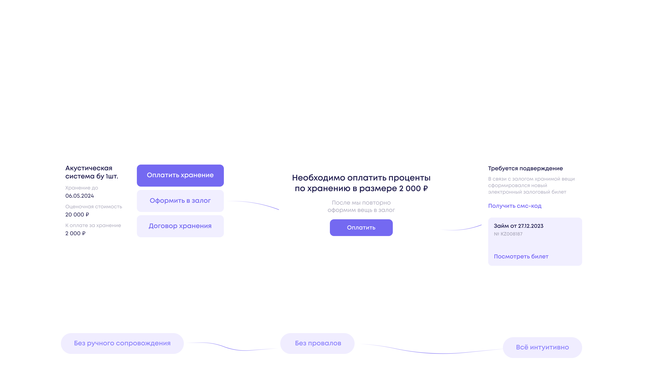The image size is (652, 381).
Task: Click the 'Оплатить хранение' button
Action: tap(180, 175)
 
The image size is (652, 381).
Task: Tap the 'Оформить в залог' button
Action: tap(180, 201)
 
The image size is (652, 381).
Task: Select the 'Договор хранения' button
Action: tap(180, 226)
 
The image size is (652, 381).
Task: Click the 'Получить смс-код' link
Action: tap(515, 206)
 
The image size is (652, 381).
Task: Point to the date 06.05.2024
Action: tap(79, 196)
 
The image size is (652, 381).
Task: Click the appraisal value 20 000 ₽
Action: tap(77, 214)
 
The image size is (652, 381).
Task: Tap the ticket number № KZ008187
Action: tap(508, 234)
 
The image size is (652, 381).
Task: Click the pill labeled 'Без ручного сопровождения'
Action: tap(122, 343)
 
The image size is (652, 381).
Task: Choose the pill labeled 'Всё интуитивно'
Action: tap(542, 347)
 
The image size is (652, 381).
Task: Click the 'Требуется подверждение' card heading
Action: tap(525, 168)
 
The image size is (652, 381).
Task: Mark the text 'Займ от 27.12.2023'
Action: tap(518, 226)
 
